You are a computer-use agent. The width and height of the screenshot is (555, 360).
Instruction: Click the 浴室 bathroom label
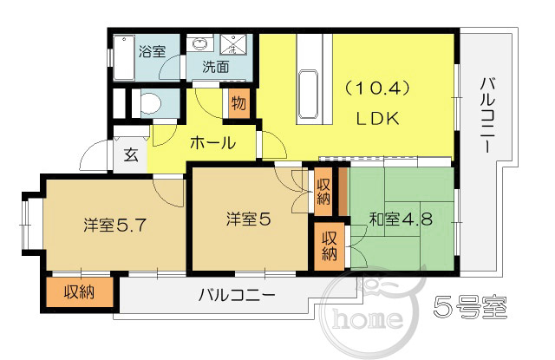153,52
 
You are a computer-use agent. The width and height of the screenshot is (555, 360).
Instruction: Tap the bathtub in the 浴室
124,58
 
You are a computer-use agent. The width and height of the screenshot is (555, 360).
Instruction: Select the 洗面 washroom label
216,66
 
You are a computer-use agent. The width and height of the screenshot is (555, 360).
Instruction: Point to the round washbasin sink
200,43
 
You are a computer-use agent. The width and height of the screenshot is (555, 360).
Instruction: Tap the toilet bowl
150,103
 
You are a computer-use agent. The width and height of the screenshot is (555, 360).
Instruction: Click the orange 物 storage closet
239,103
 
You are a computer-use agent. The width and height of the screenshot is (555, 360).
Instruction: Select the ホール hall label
212,143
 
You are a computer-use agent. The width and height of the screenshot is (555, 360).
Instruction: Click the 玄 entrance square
131,155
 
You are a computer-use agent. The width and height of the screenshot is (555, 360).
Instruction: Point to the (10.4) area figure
377,88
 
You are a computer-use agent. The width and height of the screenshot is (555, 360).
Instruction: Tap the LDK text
377,119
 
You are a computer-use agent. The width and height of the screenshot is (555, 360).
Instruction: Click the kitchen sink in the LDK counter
309,95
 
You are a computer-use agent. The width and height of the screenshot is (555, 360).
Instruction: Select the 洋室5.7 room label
114,226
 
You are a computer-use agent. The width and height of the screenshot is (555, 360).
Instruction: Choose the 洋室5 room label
249,219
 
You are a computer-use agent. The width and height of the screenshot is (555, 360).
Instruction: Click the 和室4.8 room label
401,219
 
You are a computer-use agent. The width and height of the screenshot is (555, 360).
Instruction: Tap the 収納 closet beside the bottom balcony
79,292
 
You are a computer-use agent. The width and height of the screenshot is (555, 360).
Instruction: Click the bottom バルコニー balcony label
237,295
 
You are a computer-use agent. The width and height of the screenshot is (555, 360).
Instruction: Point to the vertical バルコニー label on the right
487,115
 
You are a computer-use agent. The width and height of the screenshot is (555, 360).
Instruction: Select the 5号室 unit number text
470,306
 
